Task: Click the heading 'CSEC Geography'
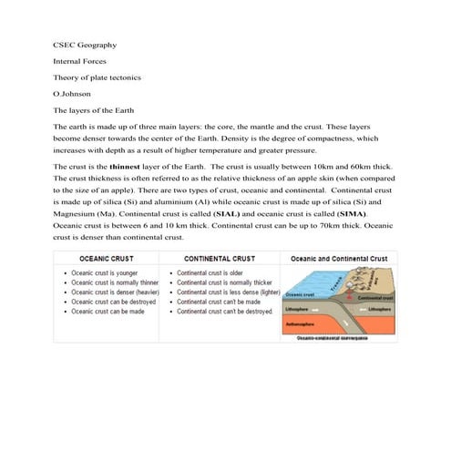(x=84, y=44)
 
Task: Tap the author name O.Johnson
(x=72, y=93)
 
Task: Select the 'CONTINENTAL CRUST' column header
(x=220, y=259)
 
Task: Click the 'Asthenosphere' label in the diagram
(x=304, y=323)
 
